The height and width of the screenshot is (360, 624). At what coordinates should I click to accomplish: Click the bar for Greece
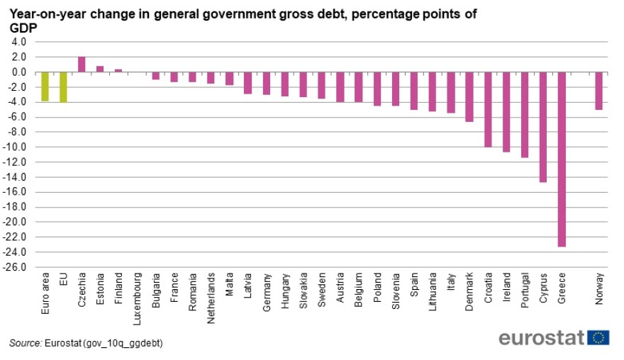pos(562,159)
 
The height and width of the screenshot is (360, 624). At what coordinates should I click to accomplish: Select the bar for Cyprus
pos(543,127)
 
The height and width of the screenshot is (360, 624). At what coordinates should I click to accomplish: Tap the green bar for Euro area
pos(45,86)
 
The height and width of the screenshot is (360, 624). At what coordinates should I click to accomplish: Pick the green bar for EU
pos(63,87)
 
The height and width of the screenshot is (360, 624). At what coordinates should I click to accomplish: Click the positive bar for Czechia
pos(82,64)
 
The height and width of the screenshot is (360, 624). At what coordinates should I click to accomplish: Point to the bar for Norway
pos(598,91)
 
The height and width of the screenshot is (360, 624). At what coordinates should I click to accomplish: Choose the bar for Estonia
pos(100,69)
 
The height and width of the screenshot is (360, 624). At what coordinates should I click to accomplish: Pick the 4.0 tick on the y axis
pos(19,42)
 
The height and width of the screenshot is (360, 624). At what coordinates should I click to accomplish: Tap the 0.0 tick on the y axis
pos(19,72)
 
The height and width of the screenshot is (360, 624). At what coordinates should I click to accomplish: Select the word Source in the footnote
pos(25,344)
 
